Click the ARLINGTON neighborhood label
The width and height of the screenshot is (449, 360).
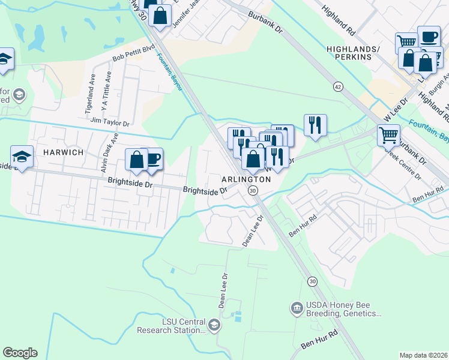click(247, 179)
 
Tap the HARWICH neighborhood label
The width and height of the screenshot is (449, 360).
click(62, 153)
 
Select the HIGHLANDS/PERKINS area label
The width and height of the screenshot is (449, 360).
click(353, 53)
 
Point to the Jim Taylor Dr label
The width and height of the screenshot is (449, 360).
click(109, 122)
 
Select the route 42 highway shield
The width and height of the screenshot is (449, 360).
click(339, 87)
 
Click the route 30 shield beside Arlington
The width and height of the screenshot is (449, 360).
click(253, 190)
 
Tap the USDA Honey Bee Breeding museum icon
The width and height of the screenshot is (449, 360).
click(296, 308)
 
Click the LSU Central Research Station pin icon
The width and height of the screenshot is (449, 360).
click(214, 325)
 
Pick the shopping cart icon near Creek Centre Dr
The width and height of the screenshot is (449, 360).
click(388, 135)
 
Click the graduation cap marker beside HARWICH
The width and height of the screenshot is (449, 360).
click(22, 157)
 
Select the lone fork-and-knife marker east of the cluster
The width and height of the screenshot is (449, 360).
click(315, 125)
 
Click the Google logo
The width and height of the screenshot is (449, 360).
click(20, 353)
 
